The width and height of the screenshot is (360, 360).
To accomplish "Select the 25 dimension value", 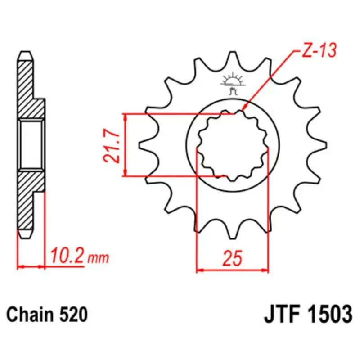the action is click(x=233, y=257).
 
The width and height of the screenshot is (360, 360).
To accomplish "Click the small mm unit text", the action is click(x=98, y=258).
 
